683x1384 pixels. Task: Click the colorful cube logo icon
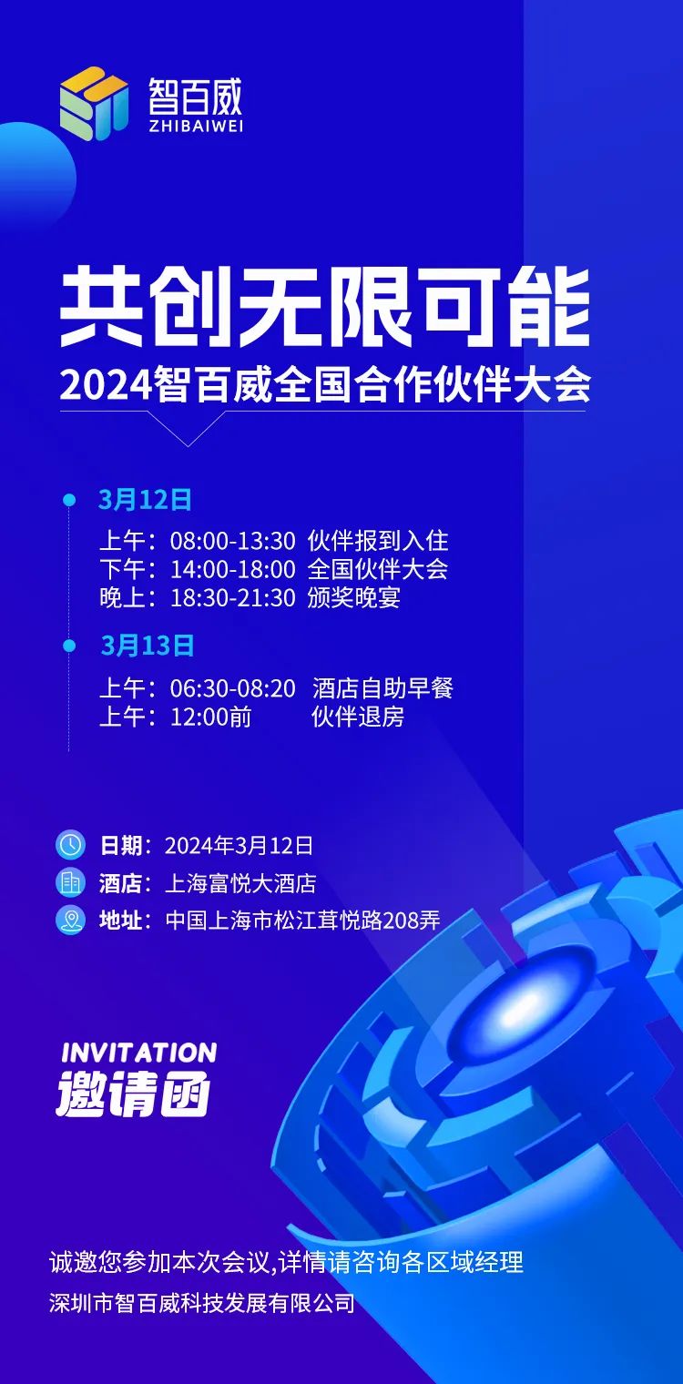tap(94, 103)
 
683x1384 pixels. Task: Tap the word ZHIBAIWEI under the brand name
tap(196, 126)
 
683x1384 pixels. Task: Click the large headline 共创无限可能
tap(324, 307)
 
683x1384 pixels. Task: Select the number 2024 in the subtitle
tap(107, 385)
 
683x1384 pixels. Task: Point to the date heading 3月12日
tap(146, 500)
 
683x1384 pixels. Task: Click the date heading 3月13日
tap(148, 646)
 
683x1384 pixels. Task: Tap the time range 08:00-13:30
tap(233, 541)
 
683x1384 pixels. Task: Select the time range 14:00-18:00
tap(233, 570)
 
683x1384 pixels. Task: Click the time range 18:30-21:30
tap(233, 598)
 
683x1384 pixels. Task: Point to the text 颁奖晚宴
tap(354, 598)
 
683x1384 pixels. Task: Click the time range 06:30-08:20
tap(233, 689)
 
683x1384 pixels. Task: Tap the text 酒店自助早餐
tap(382, 688)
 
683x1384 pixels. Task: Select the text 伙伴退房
tap(358, 717)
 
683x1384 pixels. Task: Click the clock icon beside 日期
tap(70, 845)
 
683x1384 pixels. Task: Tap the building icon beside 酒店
tap(70, 882)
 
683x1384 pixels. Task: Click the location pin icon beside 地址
tap(70, 920)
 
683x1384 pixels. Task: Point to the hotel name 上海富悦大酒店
tap(240, 883)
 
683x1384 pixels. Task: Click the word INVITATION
tap(139, 1053)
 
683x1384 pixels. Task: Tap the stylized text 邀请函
tap(134, 1096)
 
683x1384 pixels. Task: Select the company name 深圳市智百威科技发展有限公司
tap(202, 1304)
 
